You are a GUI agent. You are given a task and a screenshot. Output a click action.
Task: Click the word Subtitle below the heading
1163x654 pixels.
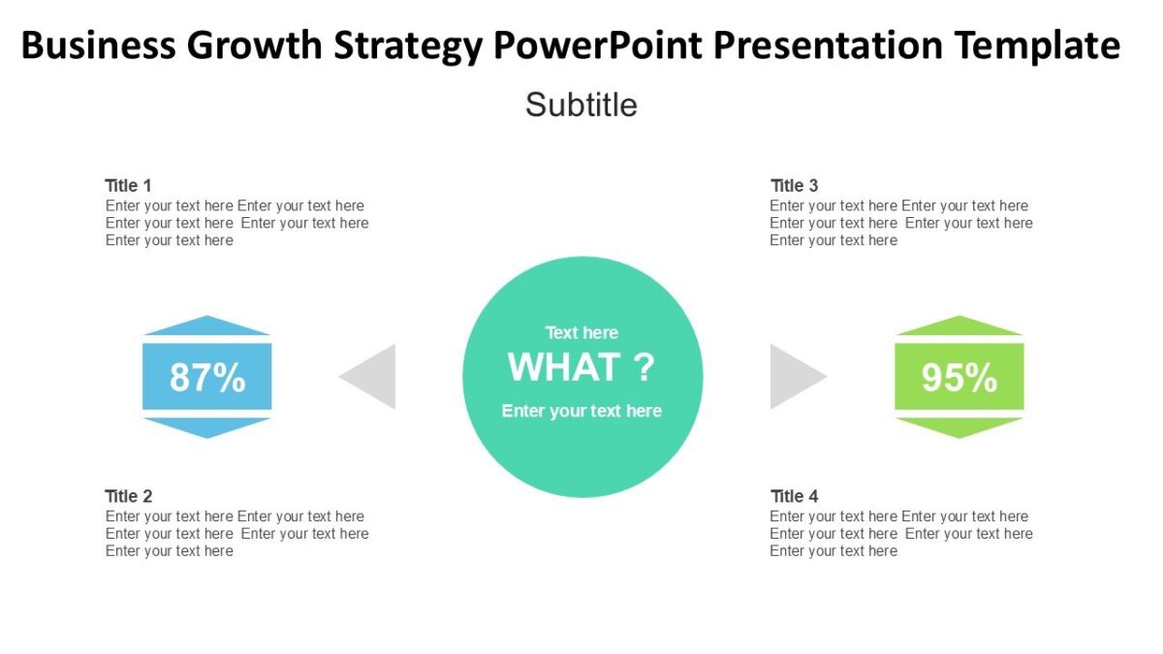pos(581,105)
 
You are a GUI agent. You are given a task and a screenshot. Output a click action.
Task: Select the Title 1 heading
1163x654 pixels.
pos(128,185)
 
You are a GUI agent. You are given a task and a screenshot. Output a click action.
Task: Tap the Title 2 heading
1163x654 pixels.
pos(128,496)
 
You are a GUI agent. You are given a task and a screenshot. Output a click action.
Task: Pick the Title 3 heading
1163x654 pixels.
pos(794,185)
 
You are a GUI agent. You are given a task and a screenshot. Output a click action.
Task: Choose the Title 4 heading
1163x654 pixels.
pos(794,496)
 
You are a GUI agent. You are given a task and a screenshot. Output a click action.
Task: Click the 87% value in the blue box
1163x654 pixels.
pos(207,377)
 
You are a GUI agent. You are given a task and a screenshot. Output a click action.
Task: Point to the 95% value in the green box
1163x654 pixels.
pos(959,377)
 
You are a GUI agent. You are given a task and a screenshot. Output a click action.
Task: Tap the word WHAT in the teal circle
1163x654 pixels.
pos(564,368)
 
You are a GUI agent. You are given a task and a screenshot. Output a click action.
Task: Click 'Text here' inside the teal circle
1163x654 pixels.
pos(581,332)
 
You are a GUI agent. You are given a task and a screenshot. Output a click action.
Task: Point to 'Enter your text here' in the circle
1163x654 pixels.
pos(581,411)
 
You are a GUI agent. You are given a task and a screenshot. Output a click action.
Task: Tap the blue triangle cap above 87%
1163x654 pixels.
pos(206,327)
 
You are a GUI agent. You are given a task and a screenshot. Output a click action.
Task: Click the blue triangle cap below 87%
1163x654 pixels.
pos(206,426)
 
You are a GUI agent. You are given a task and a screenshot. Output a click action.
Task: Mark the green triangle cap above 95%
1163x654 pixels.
pos(959,327)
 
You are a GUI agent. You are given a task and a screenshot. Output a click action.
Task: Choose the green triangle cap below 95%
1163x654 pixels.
pos(959,426)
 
